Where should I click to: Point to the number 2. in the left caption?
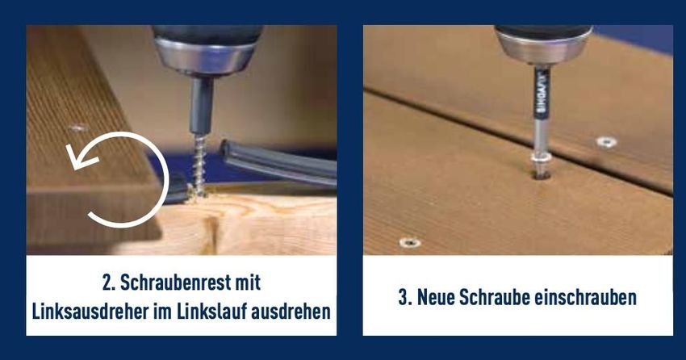coord(109,283)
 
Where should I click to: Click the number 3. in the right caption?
coord(405,298)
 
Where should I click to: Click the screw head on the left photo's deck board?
coord(77,128)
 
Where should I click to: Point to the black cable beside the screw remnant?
coord(278,162)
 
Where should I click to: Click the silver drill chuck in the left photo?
coord(205,57)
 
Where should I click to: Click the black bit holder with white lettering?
coord(542,92)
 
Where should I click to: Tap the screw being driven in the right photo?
coord(541,164)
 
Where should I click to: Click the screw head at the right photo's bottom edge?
coord(410,242)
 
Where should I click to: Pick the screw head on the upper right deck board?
coord(607,142)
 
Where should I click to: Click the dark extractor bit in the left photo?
coord(201,105)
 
